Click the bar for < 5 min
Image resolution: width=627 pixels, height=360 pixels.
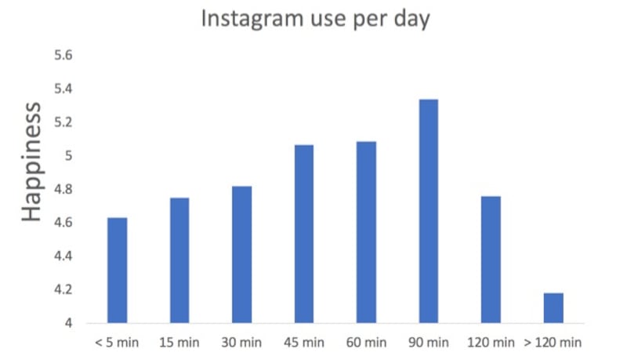(118, 271)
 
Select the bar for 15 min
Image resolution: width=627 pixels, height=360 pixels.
(179, 260)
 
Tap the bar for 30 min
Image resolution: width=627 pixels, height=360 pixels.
(241, 255)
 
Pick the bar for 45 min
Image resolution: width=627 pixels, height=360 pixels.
(304, 234)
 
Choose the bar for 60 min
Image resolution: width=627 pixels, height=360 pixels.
(366, 232)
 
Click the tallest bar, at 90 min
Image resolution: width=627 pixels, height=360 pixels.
(429, 211)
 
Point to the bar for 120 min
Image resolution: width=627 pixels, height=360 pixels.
(491, 260)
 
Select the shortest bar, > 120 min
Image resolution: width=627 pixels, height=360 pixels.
(553, 308)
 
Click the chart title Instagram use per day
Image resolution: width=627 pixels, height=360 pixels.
(316, 19)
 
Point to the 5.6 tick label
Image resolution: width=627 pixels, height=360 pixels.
(63, 56)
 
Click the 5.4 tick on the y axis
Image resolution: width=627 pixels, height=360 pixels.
(63, 89)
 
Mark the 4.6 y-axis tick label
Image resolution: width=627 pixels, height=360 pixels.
(63, 223)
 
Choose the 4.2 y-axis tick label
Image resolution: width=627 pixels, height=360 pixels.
(63, 289)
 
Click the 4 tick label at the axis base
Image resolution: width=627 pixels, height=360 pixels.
(69, 323)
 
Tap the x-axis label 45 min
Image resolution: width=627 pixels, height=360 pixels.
(303, 343)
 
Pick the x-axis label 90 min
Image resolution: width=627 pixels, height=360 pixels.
(428, 343)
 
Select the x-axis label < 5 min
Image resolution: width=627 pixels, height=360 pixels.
(117, 343)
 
